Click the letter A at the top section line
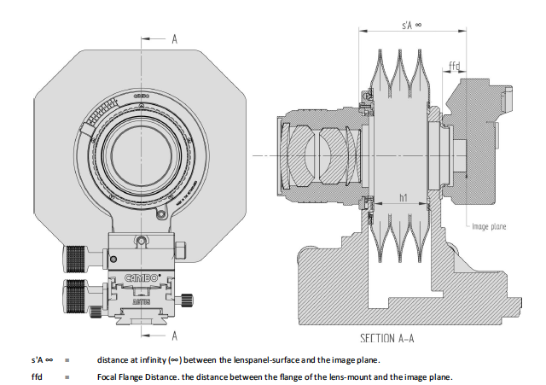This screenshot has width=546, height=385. [174, 38]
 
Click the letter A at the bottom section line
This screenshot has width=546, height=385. [174, 335]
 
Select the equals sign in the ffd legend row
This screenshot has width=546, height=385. [66, 376]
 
